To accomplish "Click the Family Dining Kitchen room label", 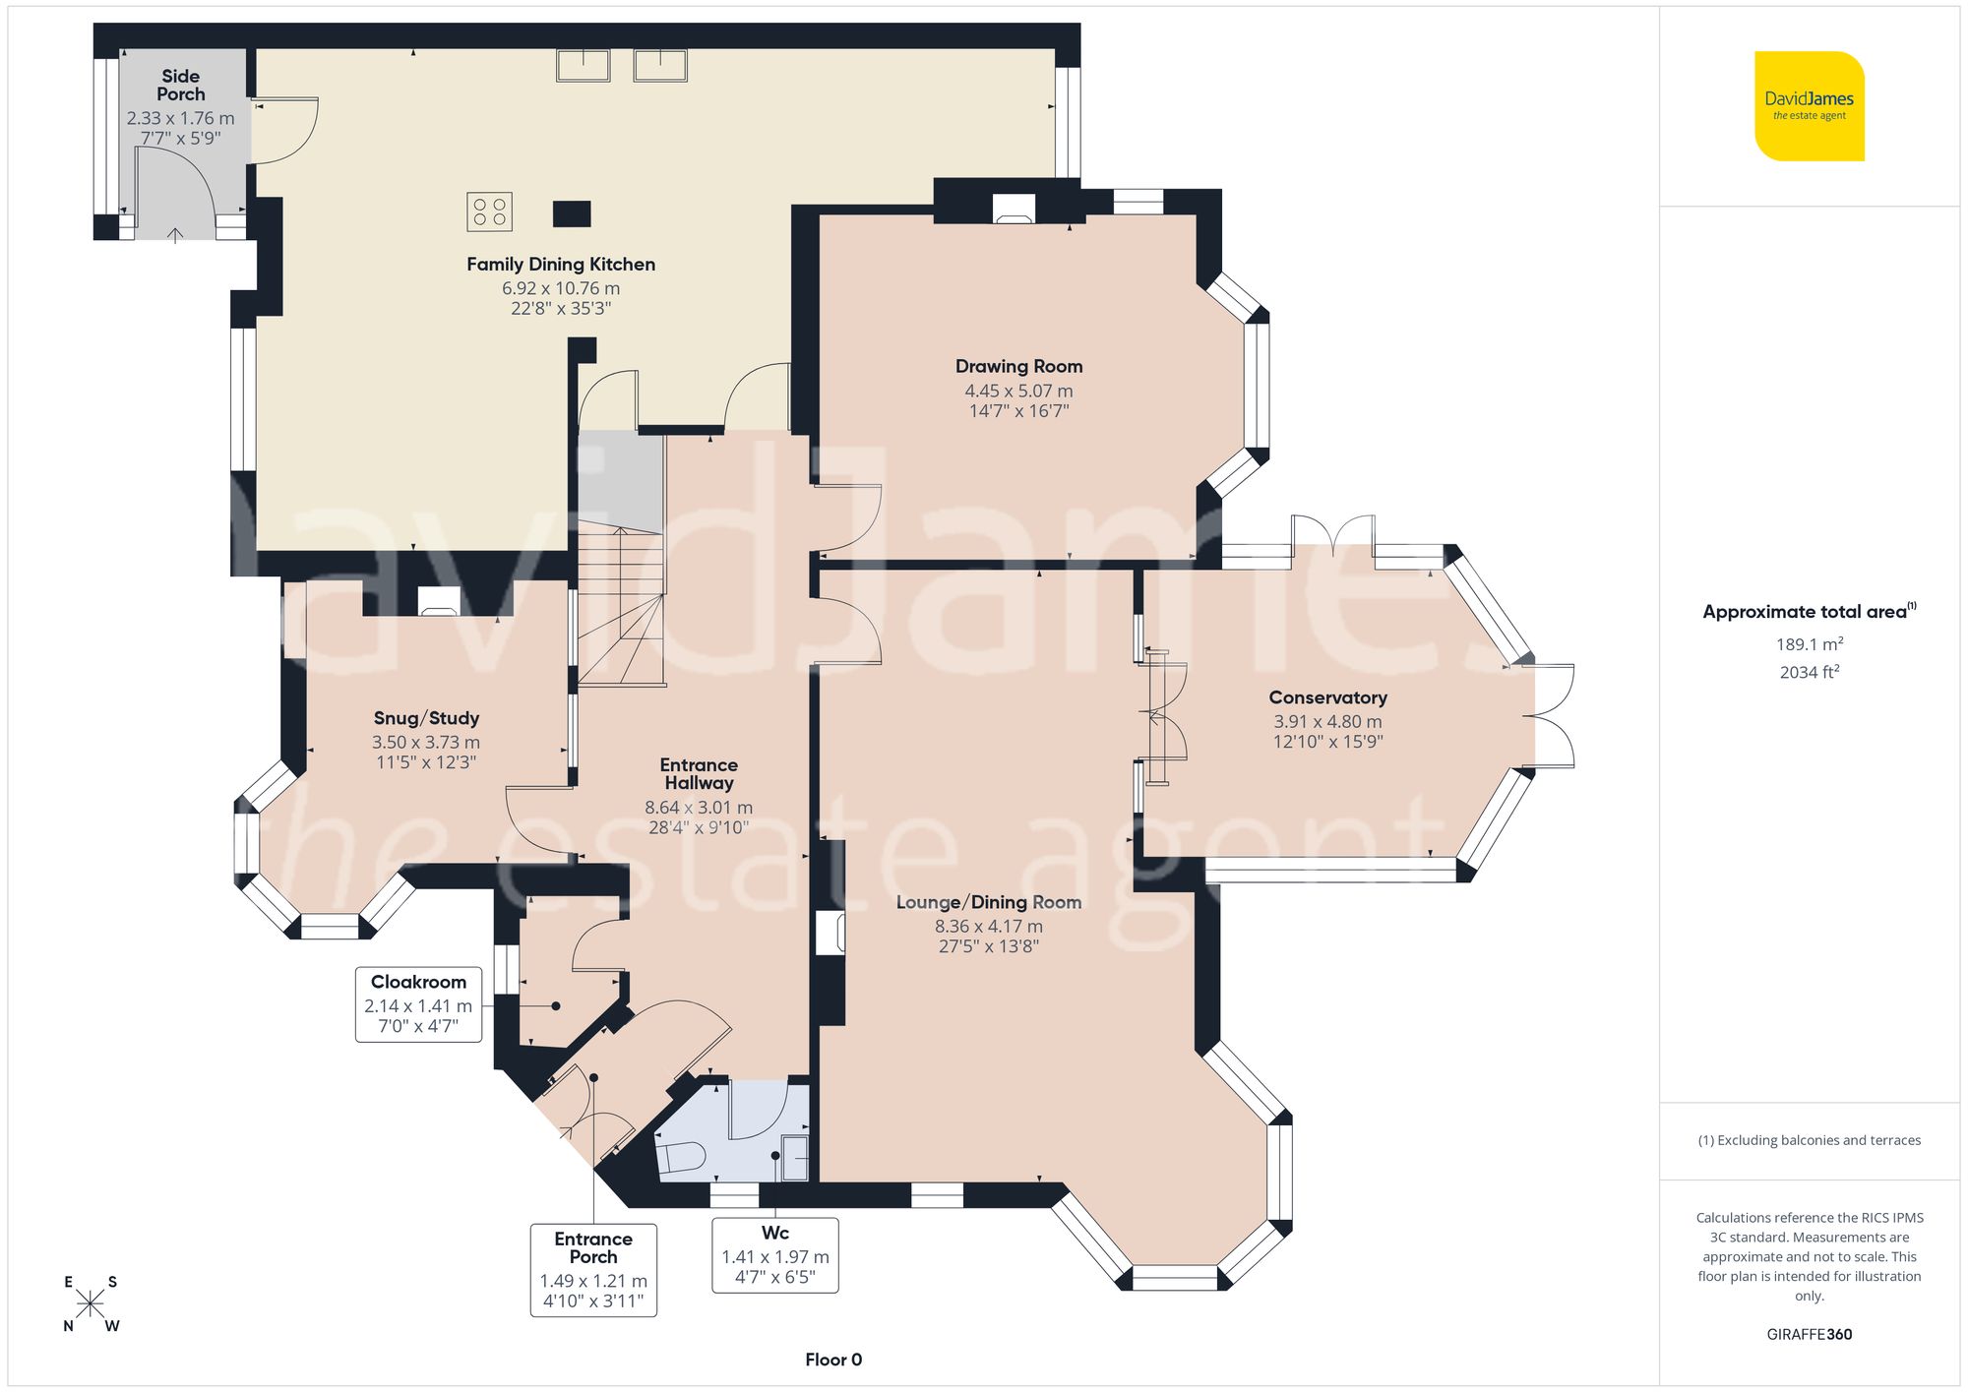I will click(x=560, y=264).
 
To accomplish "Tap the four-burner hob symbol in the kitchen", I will click(x=489, y=212).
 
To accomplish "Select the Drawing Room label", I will click(x=1018, y=366).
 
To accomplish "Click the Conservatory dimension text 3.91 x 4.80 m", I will click(x=1327, y=721).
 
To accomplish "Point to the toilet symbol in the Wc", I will click(x=680, y=1157).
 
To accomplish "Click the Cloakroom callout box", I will click(x=418, y=1003).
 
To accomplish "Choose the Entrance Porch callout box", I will click(x=593, y=1269).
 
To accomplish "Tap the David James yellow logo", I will click(x=1809, y=106).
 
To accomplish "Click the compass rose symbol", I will click(x=91, y=1303).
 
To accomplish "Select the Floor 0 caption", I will click(x=832, y=1360).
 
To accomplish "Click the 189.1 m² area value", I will click(x=1809, y=644).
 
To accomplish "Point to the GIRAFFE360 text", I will click(x=1809, y=1334).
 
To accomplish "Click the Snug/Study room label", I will click(x=426, y=718).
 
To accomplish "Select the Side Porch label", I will click(x=181, y=85).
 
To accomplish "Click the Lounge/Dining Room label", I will click(x=988, y=902).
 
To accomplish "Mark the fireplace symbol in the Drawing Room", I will click(x=1014, y=209).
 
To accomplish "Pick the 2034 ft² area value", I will click(x=1809, y=672).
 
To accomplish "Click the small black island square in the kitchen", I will click(x=572, y=213).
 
